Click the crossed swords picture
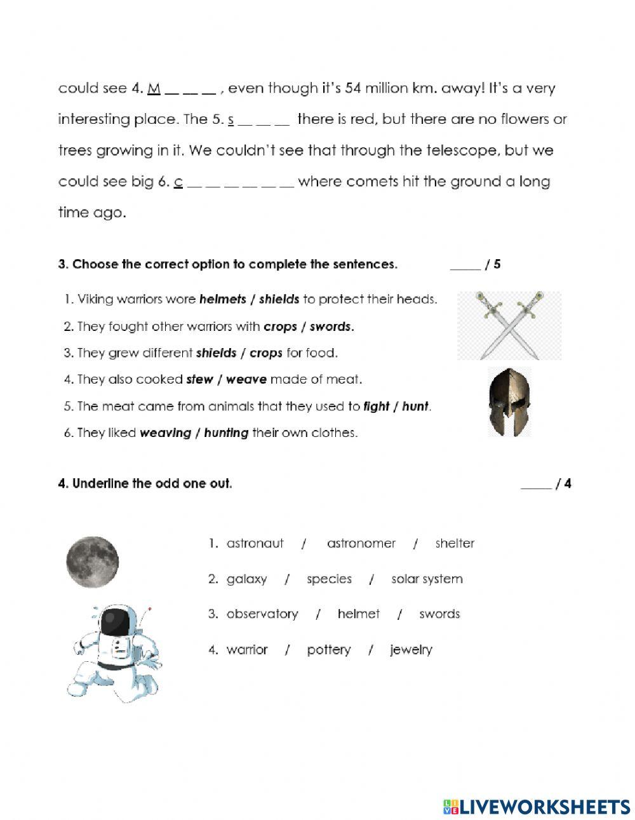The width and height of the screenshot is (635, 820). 510,325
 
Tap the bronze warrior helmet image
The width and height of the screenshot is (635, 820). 509,402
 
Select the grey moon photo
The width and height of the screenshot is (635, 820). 93,561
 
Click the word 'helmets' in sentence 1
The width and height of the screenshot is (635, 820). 222,299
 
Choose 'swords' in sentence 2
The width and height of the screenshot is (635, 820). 330,326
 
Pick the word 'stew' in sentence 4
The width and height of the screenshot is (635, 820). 199,380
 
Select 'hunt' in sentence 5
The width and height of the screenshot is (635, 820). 415,407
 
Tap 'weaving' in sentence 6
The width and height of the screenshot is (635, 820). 165,433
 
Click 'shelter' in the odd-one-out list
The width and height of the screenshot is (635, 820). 455,544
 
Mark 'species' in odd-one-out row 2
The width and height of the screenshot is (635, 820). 329,579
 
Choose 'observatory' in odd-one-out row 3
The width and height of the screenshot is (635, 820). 262,614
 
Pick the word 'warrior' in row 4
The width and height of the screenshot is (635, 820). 247,650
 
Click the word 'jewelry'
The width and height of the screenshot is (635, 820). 411,650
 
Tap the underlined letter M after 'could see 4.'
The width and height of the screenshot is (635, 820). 153,88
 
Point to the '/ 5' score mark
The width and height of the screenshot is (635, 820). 493,264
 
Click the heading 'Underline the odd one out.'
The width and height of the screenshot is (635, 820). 152,484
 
